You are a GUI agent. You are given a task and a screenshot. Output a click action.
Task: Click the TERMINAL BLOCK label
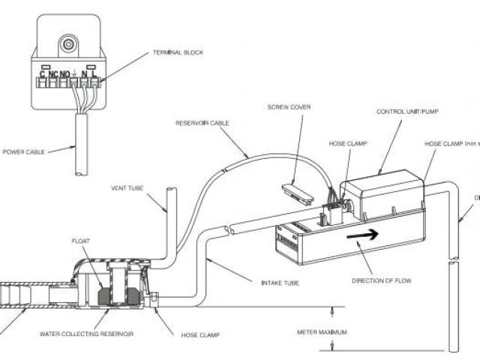[x=178, y=52]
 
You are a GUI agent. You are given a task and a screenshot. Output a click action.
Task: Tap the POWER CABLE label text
[x=25, y=151]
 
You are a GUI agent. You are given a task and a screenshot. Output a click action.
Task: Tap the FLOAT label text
[x=80, y=241]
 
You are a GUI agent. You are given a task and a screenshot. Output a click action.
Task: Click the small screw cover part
[x=298, y=193]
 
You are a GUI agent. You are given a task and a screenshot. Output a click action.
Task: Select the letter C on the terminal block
[x=43, y=73]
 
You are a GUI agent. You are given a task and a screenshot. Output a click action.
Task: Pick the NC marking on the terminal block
[x=53, y=73]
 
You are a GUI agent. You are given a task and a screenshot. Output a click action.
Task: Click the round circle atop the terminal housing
[x=70, y=43]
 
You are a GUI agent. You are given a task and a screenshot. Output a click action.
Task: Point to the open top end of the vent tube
[x=169, y=190]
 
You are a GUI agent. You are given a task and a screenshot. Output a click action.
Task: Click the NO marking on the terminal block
[x=65, y=73]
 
